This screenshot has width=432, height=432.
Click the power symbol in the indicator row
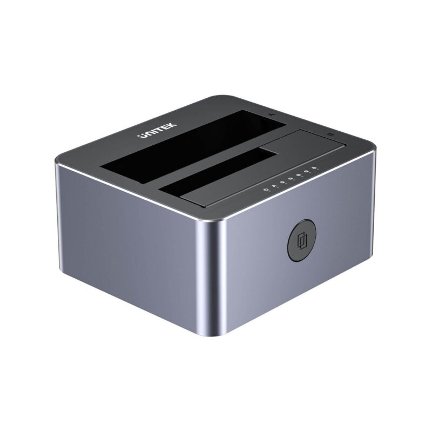[265, 190]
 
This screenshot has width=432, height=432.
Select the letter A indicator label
[274, 186]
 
